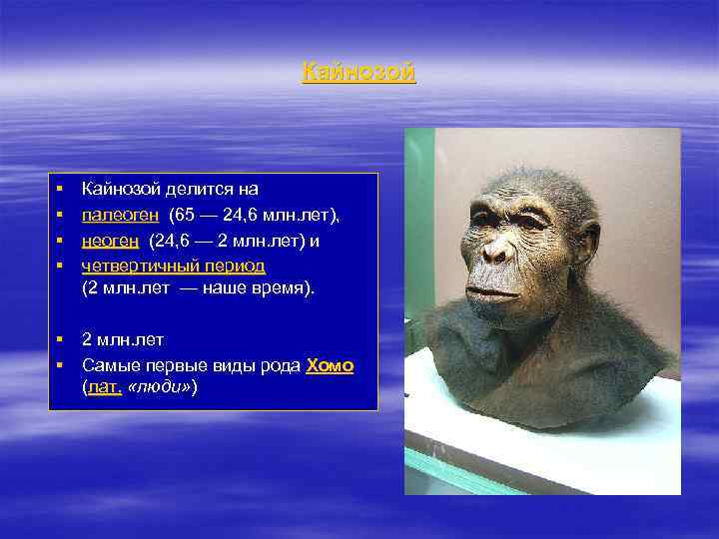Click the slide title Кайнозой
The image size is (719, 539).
[x=359, y=72]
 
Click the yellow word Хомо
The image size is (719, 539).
[x=330, y=365]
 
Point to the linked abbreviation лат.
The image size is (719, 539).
[x=105, y=386]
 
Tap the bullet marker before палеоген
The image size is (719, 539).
[x=60, y=214]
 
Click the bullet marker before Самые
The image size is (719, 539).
[x=60, y=365]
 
